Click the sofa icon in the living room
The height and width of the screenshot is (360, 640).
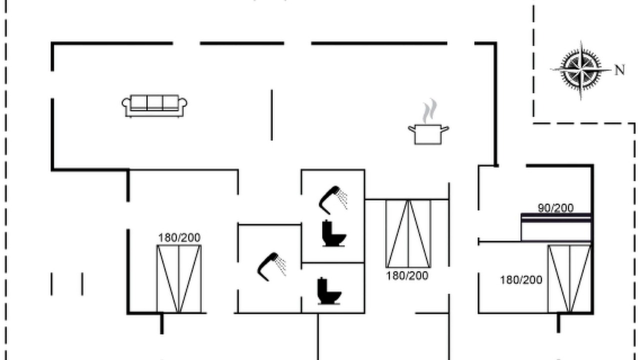[154, 106]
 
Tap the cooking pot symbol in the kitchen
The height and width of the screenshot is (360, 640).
[428, 134]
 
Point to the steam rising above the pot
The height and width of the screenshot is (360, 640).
[429, 111]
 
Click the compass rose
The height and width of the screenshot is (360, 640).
[580, 70]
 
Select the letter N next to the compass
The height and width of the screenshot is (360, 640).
[619, 70]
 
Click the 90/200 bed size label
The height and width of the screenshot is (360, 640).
[555, 208]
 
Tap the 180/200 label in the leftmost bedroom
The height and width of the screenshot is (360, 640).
[179, 237]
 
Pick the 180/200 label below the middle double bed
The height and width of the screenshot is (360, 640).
[407, 275]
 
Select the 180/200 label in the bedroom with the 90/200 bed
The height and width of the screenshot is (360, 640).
[521, 280]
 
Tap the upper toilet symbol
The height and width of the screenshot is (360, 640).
[333, 233]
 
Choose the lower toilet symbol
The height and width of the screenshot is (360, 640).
[329, 291]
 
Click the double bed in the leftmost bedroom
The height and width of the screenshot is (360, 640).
[179, 279]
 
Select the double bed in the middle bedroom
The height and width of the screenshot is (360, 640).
[408, 233]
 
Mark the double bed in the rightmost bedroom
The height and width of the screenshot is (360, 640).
[569, 278]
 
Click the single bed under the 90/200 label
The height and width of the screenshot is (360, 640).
[556, 227]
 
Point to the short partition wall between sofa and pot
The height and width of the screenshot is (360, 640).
[271, 115]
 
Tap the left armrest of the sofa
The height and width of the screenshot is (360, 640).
[126, 103]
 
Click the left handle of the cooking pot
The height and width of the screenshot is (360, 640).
[411, 129]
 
